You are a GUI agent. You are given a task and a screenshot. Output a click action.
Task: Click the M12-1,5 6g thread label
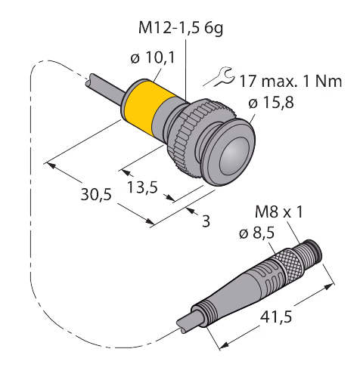click(181, 28)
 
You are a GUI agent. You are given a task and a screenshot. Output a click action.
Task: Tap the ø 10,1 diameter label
click(153, 58)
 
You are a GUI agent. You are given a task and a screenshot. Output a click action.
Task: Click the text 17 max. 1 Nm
click(290, 81)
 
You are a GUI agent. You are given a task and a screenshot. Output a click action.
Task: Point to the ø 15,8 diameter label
click(271, 103)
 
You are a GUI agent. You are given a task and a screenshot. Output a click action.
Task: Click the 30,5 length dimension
click(96, 194)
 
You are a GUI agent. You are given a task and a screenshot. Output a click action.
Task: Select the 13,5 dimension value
click(142, 187)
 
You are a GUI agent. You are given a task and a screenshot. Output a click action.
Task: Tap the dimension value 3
click(206, 221)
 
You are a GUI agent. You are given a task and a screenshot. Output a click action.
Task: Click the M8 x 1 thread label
click(279, 212)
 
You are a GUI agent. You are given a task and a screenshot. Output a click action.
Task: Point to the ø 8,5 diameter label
click(256, 233)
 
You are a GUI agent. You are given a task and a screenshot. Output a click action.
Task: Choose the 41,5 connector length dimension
click(276, 317)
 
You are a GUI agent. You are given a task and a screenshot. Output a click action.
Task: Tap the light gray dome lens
click(234, 156)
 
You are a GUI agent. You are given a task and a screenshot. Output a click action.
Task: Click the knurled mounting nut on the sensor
click(195, 134)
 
